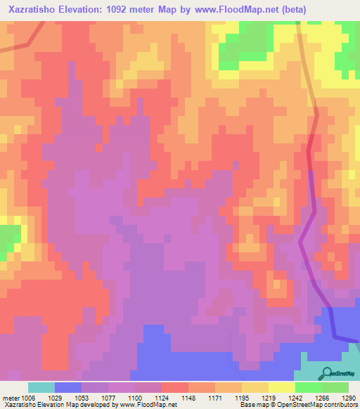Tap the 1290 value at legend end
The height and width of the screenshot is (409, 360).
(349, 398)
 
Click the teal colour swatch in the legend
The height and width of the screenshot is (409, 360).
(41, 387)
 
